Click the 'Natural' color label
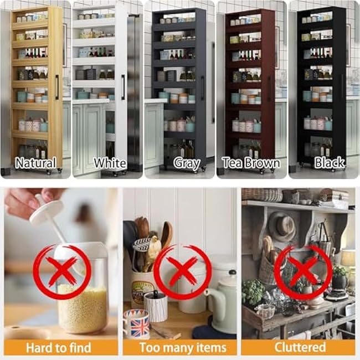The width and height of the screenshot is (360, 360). [35, 163]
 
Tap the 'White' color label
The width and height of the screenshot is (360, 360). [110, 163]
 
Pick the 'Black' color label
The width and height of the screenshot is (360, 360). [329, 163]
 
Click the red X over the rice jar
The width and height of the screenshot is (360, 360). [61, 272]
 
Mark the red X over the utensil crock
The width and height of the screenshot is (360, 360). [182, 272]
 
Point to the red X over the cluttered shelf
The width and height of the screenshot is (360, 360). [303, 272]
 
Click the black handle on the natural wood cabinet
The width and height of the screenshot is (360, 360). [56, 87]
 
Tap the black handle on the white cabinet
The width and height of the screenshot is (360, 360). [122, 87]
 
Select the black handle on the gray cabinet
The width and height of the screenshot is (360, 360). [203, 88]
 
